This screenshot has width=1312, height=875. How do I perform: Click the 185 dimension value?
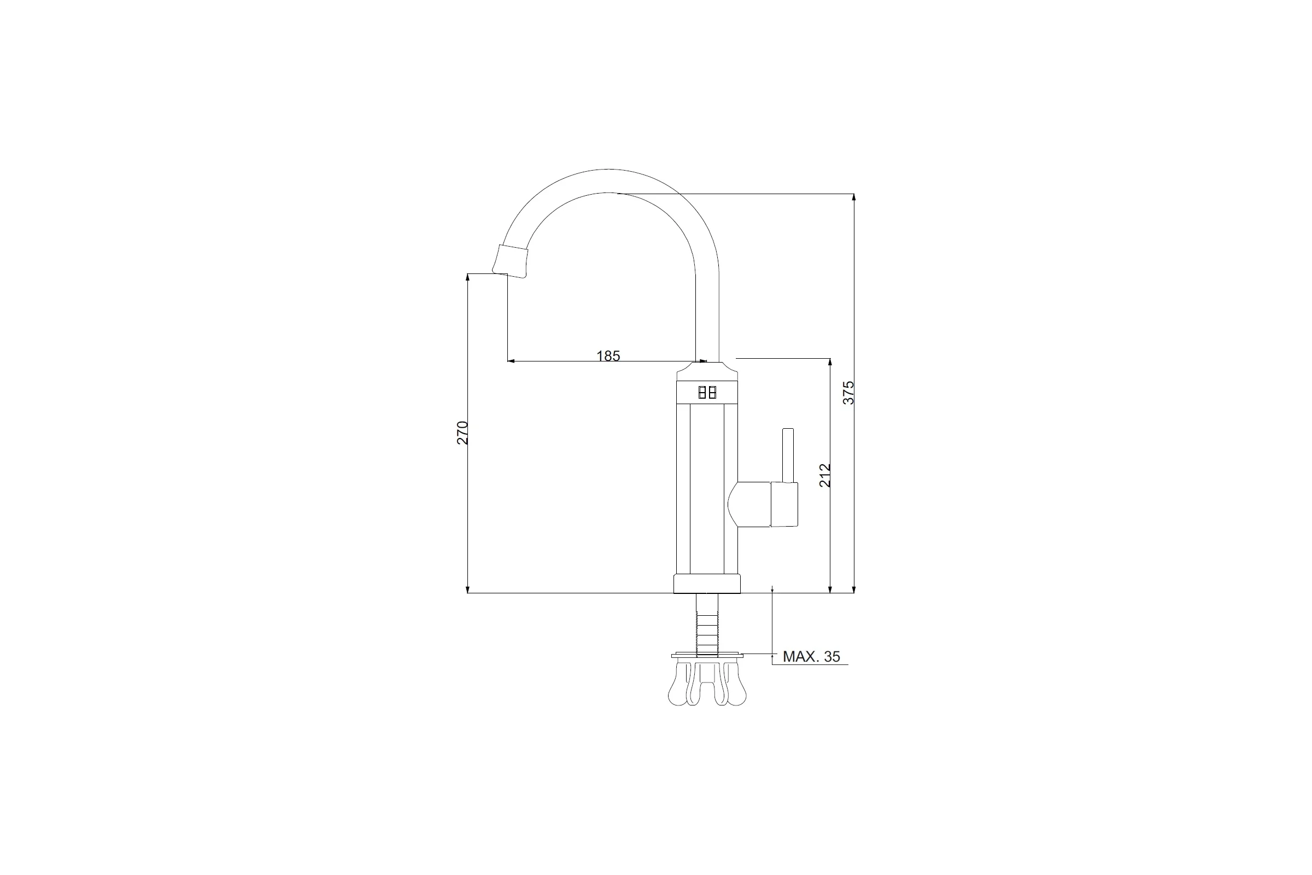tap(608, 355)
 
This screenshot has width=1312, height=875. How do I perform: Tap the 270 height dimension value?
tap(462, 433)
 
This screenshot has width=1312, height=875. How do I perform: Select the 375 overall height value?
tap(848, 392)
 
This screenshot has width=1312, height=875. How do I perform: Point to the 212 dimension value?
tap(825, 475)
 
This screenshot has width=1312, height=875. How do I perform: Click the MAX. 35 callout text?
tap(811, 656)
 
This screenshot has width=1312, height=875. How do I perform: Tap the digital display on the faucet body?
tap(707, 392)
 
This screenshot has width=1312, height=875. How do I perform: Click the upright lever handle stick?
tap(788, 456)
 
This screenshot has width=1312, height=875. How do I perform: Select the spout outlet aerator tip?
tap(510, 261)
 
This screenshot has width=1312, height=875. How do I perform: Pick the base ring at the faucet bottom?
tap(707, 584)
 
